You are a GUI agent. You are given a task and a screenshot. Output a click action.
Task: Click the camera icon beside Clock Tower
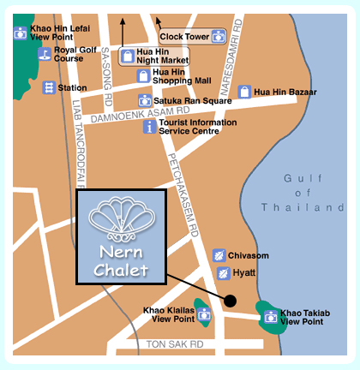[219, 37]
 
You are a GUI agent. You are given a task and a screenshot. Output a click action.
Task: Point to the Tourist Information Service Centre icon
[150, 127]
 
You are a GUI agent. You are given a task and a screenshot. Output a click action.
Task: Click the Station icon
[49, 87]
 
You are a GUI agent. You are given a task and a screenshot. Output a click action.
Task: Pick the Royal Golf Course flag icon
[45, 54]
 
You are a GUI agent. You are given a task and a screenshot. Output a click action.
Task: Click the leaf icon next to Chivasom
[219, 255]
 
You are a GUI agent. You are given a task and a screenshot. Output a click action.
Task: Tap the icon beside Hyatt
[223, 272]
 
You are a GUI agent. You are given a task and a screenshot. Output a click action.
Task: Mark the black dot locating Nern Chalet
[230, 300]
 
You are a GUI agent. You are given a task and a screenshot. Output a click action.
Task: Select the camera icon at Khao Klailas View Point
[204, 314]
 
